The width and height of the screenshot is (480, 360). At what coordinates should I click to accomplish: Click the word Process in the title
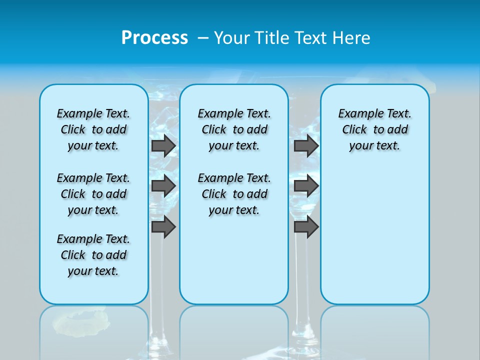click(154, 37)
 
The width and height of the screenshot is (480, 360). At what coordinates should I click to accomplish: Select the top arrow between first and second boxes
click(163, 145)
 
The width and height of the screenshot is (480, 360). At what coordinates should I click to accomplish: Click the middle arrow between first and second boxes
click(163, 186)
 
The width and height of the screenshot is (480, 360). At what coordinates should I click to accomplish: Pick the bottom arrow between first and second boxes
click(163, 227)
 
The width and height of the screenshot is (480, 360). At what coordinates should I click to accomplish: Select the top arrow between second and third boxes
click(306, 145)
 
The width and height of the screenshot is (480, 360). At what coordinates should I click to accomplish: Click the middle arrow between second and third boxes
click(306, 186)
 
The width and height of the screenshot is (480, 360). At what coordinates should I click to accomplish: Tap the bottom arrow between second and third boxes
click(306, 227)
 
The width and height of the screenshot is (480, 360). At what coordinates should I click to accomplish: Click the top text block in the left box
click(93, 129)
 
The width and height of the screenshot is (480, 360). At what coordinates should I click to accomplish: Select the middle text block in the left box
click(93, 194)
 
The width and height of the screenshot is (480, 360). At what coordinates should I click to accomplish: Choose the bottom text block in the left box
click(93, 255)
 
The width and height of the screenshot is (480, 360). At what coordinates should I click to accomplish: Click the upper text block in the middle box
click(234, 129)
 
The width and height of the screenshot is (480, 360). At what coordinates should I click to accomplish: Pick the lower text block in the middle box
click(234, 194)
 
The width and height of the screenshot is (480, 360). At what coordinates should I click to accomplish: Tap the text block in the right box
click(375, 129)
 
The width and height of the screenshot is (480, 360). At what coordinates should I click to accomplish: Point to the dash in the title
click(203, 37)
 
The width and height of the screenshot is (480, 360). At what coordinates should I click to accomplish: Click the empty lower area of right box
click(375, 240)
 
